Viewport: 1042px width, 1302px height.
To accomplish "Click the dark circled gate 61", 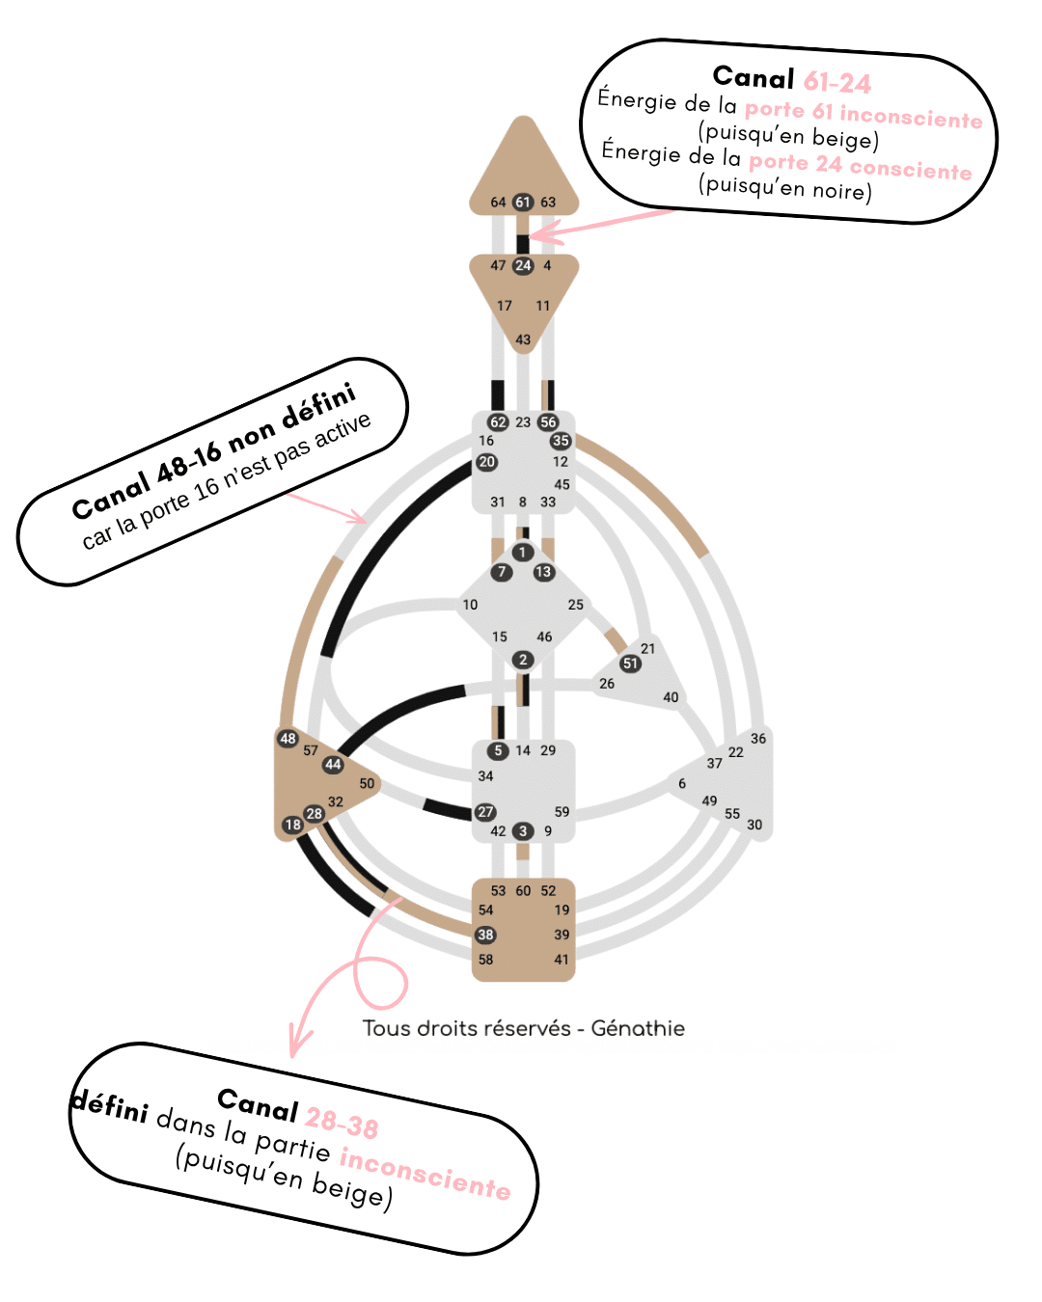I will tap(523, 202).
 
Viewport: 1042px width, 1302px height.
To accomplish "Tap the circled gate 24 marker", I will tap(523, 265).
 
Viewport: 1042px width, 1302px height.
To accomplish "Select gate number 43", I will tap(523, 339).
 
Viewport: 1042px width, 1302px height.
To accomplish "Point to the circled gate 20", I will tap(486, 462).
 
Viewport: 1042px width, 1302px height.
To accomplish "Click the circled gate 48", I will tap(288, 739).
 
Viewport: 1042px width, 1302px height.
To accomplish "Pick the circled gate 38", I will tap(485, 935).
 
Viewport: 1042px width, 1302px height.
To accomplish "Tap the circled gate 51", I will tap(630, 664).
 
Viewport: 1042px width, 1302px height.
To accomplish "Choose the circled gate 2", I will tap(523, 660).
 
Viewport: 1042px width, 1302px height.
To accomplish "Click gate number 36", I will tap(758, 739).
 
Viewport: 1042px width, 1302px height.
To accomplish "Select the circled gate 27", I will tap(485, 812).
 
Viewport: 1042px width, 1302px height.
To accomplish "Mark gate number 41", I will tap(562, 960).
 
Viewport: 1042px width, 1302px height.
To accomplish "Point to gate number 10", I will tap(470, 605).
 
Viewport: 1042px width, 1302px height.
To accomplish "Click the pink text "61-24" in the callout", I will tap(837, 82).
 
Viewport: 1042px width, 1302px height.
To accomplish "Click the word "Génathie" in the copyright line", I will tap(638, 1028).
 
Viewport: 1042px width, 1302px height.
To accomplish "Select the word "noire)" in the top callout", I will tap(841, 190).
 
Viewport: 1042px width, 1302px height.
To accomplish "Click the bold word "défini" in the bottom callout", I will tap(110, 1105).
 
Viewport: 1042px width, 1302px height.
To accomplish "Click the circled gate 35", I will tap(561, 441).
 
